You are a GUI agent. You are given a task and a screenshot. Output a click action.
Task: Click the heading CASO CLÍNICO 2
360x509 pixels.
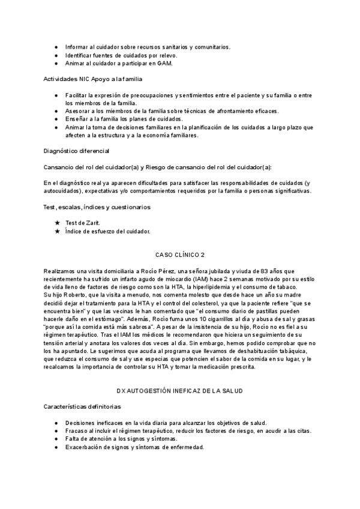179,254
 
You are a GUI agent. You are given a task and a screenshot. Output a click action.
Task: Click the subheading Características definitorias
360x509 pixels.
83,406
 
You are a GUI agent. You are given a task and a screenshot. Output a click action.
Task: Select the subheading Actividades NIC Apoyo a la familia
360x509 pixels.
92,79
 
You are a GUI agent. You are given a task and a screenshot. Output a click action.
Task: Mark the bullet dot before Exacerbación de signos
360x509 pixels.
56,447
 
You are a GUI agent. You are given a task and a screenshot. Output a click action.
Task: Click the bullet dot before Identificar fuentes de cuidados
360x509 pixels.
56,55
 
